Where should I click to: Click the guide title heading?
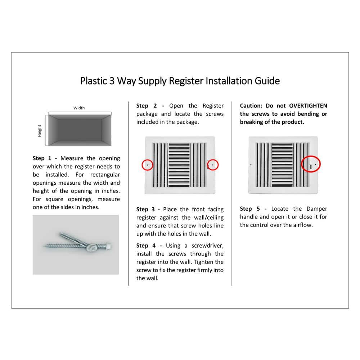[180, 81]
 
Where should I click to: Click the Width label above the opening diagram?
[79, 108]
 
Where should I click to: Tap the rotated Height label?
[40, 130]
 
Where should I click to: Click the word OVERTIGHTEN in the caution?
[308, 106]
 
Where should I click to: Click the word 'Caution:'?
[251, 106]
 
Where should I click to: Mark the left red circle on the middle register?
[147, 165]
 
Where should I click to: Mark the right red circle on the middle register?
[213, 165]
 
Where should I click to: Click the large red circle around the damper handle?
[311, 165]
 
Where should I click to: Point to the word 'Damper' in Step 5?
[317, 209]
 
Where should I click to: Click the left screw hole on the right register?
[251, 165]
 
